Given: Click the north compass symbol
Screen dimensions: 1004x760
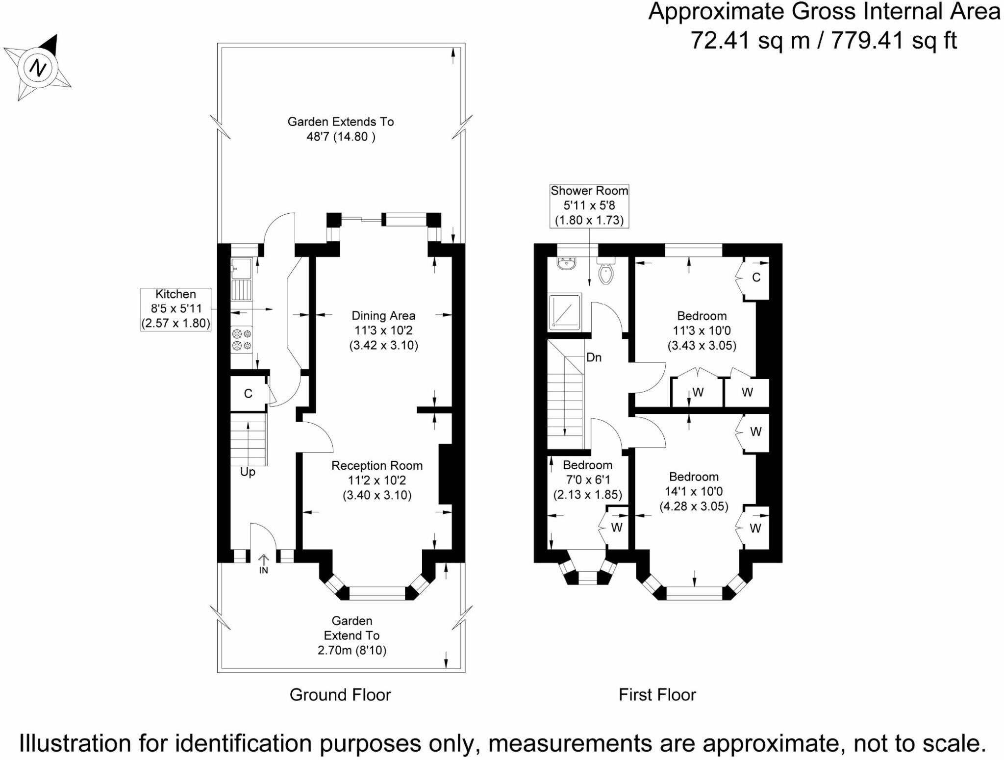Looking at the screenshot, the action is pyautogui.click(x=38, y=67).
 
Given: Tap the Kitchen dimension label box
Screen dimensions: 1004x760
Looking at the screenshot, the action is pyautogui.click(x=176, y=309).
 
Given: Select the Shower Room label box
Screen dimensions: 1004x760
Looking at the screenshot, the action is pyautogui.click(x=589, y=205).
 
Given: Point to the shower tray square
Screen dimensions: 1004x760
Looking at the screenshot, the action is pyautogui.click(x=565, y=312).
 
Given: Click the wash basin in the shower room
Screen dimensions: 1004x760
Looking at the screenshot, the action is pyautogui.click(x=567, y=264).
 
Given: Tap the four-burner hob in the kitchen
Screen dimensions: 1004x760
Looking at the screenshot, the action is pyautogui.click(x=242, y=339).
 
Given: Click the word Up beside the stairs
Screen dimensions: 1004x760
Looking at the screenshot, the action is pyautogui.click(x=248, y=472).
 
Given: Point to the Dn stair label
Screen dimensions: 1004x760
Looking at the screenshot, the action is pyautogui.click(x=594, y=357).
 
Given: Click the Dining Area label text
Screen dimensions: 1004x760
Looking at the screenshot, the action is pyautogui.click(x=383, y=330).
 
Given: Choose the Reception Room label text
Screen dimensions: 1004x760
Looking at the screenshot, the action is pyautogui.click(x=377, y=480).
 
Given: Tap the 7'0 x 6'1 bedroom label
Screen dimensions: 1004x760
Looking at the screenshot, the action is pyautogui.click(x=587, y=480).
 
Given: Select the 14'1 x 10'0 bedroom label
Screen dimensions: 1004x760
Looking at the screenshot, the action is pyautogui.click(x=694, y=491).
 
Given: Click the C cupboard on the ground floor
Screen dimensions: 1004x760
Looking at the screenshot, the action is pyautogui.click(x=248, y=394).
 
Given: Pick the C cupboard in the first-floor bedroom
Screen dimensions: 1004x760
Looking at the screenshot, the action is pyautogui.click(x=756, y=278).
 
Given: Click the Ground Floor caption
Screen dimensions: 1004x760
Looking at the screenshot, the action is pyautogui.click(x=340, y=695).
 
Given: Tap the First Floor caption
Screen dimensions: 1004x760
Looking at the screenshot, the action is pyautogui.click(x=657, y=695).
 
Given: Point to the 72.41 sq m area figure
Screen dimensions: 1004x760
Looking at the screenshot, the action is pyautogui.click(x=750, y=40).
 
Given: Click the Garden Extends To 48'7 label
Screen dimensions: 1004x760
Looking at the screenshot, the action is pyautogui.click(x=341, y=129).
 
